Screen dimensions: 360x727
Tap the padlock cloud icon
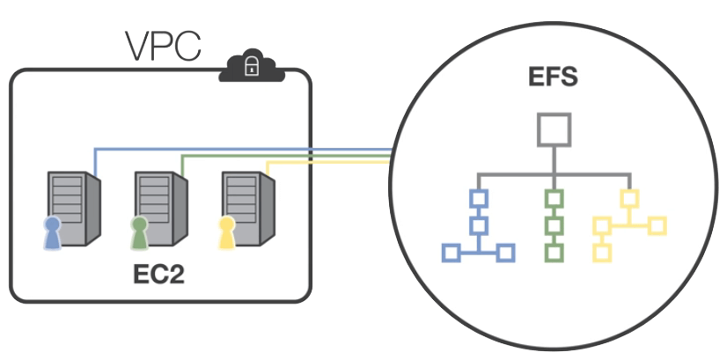[x=251, y=66]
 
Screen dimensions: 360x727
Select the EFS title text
[x=553, y=77]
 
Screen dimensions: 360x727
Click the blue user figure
[x=53, y=234]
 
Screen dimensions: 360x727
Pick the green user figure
[x=139, y=234]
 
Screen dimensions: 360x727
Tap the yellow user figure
[x=226, y=234]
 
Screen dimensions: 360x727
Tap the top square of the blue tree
[x=478, y=198]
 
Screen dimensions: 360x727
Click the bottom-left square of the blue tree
[x=451, y=253]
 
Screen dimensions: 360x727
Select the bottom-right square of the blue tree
[x=505, y=253]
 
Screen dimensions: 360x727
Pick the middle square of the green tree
[x=554, y=225]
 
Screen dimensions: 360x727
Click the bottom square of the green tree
[x=554, y=253]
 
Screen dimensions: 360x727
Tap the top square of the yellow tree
[x=629, y=198]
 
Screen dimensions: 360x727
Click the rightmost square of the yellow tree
[x=657, y=226]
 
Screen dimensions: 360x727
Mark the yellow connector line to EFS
[x=326, y=163]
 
